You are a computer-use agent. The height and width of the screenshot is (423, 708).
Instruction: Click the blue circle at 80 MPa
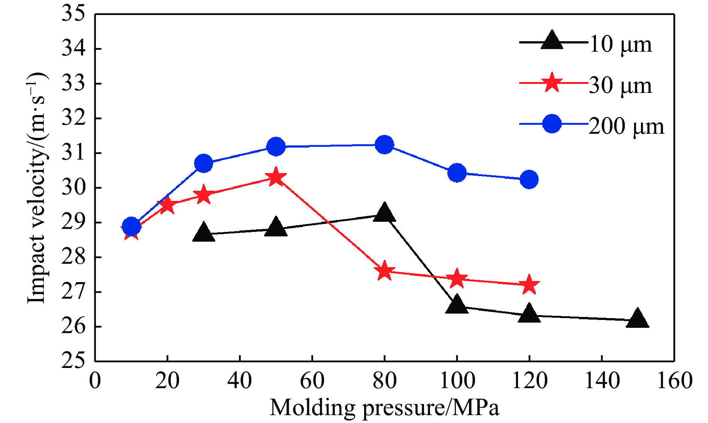tap(384, 145)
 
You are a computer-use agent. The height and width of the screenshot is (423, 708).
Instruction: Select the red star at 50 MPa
tap(276, 177)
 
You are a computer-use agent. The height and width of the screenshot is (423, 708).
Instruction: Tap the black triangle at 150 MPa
tap(637, 319)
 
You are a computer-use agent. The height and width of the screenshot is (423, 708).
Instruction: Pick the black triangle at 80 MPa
tap(384, 213)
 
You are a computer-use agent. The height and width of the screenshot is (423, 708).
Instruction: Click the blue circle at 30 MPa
tap(204, 163)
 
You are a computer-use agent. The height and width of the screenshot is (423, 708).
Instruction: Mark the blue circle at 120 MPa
tap(529, 179)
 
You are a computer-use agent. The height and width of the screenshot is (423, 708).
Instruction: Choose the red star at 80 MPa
tap(384, 271)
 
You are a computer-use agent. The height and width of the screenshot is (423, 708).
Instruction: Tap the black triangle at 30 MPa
tap(204, 232)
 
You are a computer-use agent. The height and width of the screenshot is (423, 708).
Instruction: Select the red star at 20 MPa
tap(167, 205)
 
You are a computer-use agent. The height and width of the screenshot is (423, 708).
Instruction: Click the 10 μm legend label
tap(620, 44)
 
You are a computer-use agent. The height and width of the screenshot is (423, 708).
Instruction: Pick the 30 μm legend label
tap(620, 85)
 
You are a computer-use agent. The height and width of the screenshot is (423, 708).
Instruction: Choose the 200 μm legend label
tap(626, 126)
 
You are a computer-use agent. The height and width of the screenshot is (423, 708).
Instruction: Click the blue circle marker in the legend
tap(552, 124)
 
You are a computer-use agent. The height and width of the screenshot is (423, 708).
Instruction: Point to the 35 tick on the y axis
tap(73, 14)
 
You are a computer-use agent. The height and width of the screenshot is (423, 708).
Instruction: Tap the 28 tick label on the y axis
tap(73, 257)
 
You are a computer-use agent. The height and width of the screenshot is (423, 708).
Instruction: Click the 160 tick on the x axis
tap(674, 381)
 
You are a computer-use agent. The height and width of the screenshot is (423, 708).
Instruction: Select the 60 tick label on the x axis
tap(312, 381)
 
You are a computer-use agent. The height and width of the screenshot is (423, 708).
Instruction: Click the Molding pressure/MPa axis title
tap(384, 408)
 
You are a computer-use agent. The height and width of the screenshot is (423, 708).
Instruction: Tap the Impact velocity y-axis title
tap(37, 187)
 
